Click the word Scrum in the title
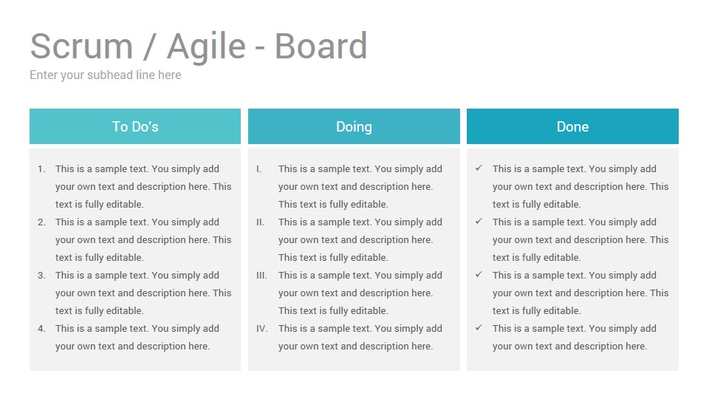[x=81, y=46]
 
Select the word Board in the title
[x=321, y=46]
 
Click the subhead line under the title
[x=106, y=75]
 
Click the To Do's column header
[x=135, y=126]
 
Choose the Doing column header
[x=354, y=126]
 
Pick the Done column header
[x=572, y=126]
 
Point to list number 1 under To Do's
[x=41, y=169]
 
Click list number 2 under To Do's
[x=41, y=222]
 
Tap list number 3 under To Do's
[x=41, y=276]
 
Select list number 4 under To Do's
[x=41, y=329]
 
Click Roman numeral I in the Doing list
[x=258, y=169]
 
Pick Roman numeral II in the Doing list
[x=260, y=222]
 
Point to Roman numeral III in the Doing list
[x=261, y=276]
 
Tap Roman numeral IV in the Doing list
[x=261, y=329]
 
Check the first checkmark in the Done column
[x=479, y=168]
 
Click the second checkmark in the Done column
[x=479, y=221]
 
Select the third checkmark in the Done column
[x=479, y=274]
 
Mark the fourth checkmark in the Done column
[x=479, y=327]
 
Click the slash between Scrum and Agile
[x=148, y=46]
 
